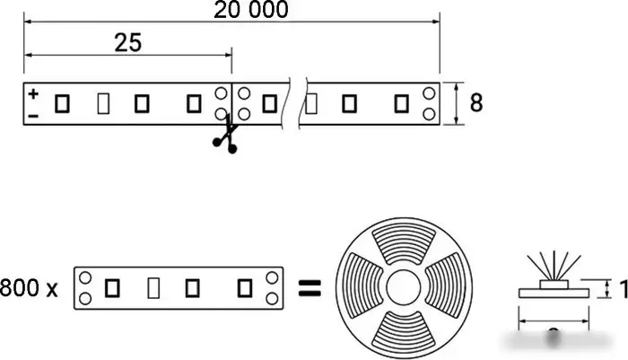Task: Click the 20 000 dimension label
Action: [x=252, y=10]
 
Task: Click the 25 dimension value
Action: [x=128, y=43]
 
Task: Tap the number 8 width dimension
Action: [x=476, y=102]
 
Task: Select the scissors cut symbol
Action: [x=224, y=136]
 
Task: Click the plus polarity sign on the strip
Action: [x=33, y=92]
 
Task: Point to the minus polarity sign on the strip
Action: [x=33, y=115]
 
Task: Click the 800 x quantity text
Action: [x=30, y=288]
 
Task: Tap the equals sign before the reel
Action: [x=309, y=288]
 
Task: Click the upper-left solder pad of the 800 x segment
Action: [x=85, y=278]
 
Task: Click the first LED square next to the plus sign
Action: [x=62, y=103]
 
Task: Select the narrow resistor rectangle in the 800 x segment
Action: [x=153, y=288]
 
